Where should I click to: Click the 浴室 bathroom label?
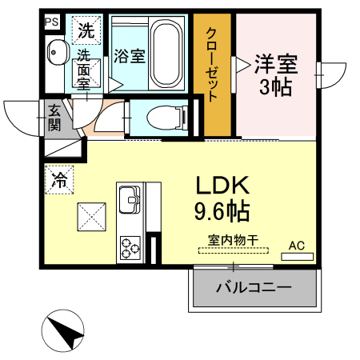tap(129, 56)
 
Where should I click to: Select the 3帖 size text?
tap(276, 88)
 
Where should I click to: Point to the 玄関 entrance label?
tap(54, 117)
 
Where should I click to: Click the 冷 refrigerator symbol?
tap(60, 179)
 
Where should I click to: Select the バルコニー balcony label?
tap(254, 286)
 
